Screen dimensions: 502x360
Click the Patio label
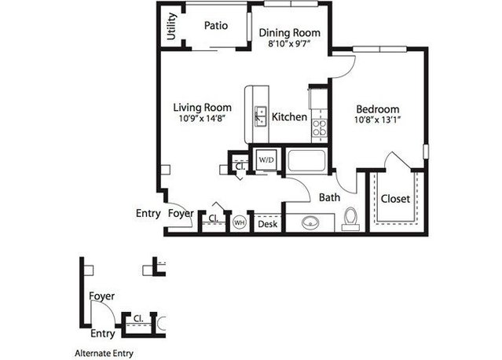(216, 26)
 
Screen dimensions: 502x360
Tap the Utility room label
(172, 26)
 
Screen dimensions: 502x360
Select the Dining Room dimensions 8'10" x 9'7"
(289, 43)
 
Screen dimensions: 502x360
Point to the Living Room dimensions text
(203, 119)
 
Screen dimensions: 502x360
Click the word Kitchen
(289, 117)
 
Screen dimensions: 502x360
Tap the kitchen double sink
(261, 116)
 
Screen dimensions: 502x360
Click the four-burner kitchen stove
(320, 128)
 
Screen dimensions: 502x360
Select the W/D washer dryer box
(266, 160)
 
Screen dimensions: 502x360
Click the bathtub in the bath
(306, 161)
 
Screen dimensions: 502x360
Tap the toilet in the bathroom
(350, 219)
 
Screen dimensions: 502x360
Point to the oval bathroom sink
(310, 222)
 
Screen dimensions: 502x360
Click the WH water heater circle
(239, 222)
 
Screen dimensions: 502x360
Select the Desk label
(267, 224)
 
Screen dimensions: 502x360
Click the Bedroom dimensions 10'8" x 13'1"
(378, 120)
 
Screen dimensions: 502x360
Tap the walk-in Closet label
(395, 199)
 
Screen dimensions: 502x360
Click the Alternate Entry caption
(104, 354)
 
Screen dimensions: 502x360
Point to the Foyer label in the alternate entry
(102, 296)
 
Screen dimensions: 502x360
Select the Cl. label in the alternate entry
(138, 318)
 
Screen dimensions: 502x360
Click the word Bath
(329, 197)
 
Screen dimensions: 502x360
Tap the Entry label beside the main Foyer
(148, 214)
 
